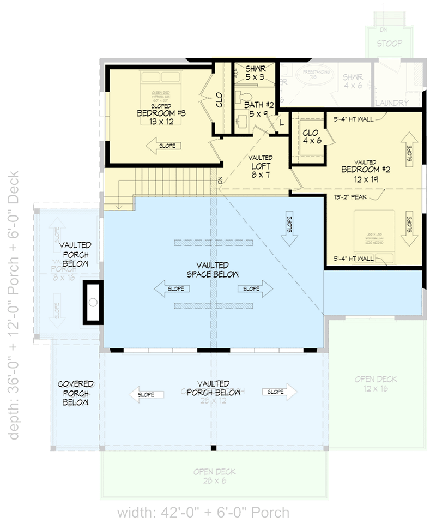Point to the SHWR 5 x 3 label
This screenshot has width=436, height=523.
(255, 73)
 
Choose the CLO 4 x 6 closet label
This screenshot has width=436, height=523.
(312, 136)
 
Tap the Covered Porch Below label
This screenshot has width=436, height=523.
(76, 393)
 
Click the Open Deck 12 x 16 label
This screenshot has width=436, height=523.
(376, 383)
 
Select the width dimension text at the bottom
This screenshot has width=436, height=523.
(203, 512)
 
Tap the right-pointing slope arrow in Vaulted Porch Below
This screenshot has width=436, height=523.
(280, 392)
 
